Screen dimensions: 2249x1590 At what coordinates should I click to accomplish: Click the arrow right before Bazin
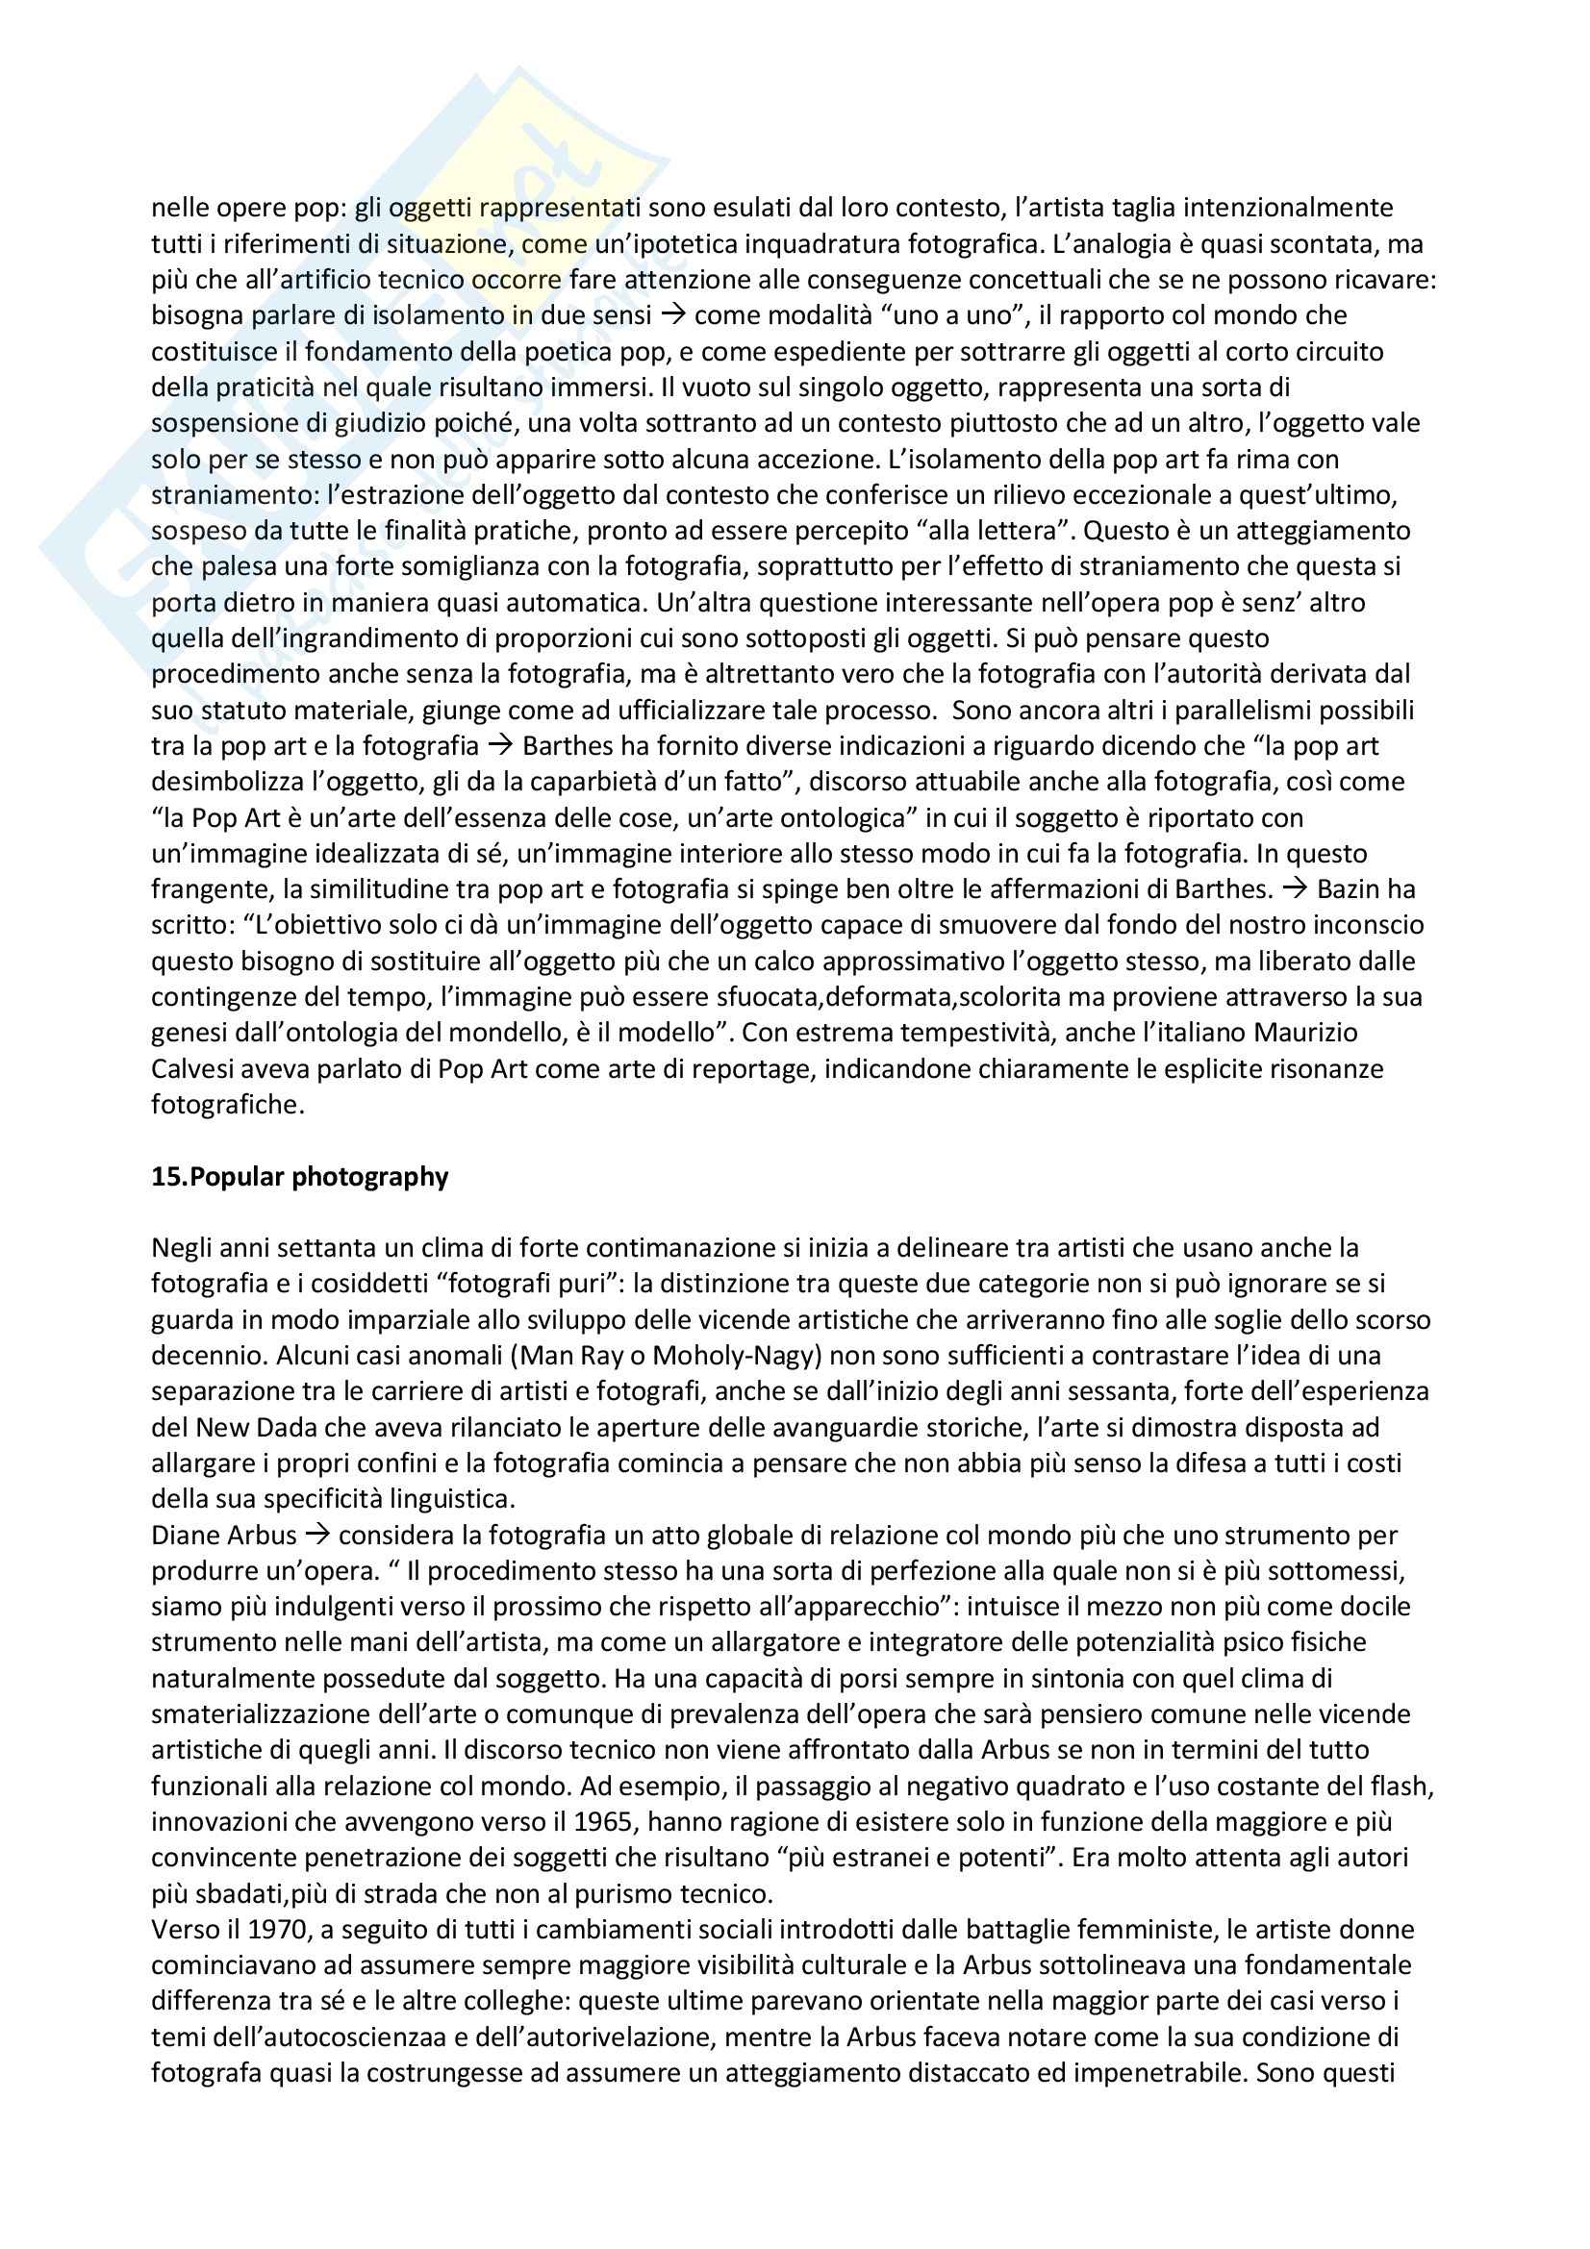1295,889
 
